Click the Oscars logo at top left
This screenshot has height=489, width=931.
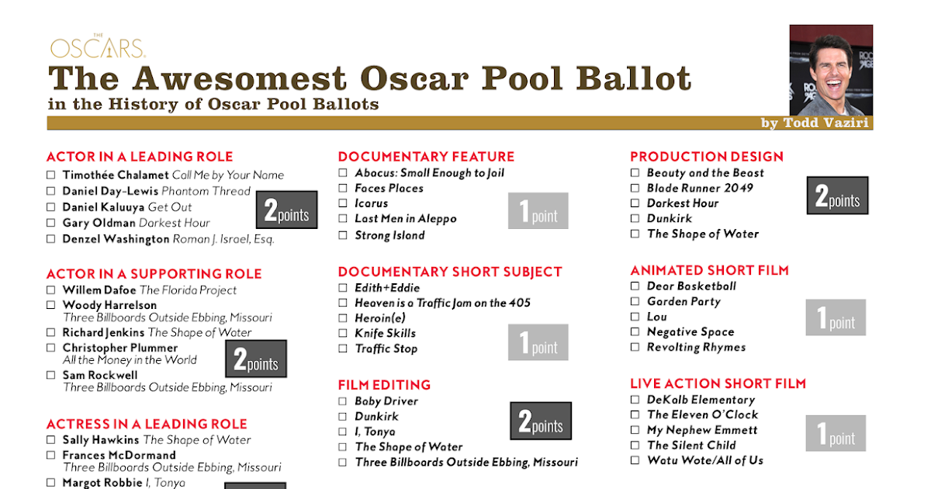(x=98, y=47)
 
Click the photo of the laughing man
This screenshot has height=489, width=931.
(x=831, y=70)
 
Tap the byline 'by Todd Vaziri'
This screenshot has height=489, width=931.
(x=815, y=123)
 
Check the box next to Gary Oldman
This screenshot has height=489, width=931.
(x=51, y=223)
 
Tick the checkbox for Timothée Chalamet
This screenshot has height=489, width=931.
(x=51, y=175)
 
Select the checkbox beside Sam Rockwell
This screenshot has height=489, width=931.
(x=51, y=376)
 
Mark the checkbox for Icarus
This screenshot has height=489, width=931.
(x=343, y=203)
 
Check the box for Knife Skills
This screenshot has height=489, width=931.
(x=343, y=334)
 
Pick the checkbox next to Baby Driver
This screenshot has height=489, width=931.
(x=343, y=401)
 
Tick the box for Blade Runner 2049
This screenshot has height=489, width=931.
(x=635, y=188)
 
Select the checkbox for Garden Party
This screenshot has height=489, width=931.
(x=635, y=302)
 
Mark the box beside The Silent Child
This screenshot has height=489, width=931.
(x=635, y=446)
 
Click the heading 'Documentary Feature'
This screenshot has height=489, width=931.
(x=426, y=157)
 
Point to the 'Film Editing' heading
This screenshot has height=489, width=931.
(x=384, y=385)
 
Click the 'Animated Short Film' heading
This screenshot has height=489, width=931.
(x=709, y=270)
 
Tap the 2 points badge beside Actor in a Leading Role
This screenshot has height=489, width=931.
(x=287, y=210)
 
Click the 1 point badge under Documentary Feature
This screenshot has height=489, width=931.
(x=538, y=211)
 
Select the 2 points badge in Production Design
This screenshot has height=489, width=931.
(x=837, y=196)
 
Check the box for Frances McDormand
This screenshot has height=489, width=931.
(x=51, y=456)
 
